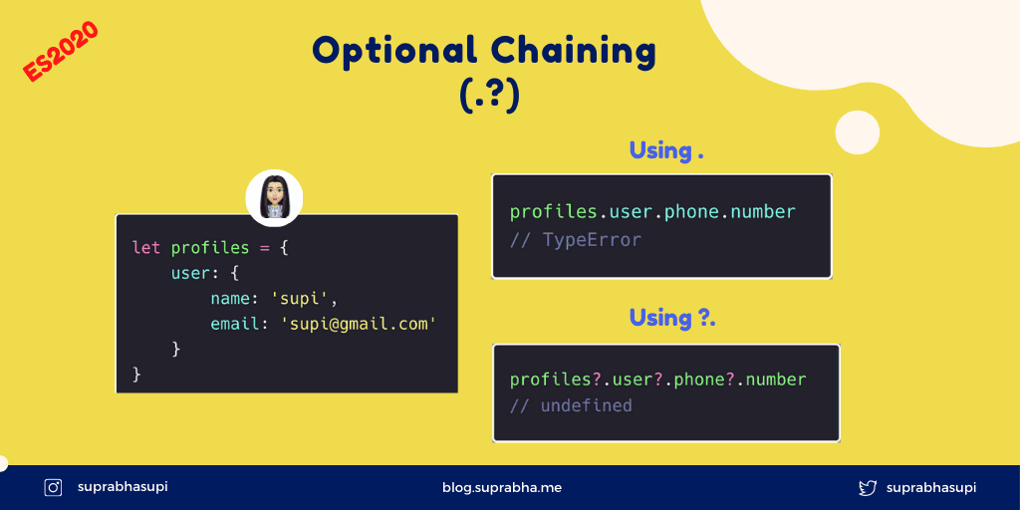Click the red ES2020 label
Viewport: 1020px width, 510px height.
coord(60,52)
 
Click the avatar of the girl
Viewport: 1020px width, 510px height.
coord(274,198)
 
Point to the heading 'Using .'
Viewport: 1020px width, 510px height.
coord(666,151)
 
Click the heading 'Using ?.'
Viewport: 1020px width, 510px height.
coord(672,319)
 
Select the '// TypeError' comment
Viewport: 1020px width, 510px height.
coord(576,240)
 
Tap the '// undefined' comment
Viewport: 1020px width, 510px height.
coord(571,406)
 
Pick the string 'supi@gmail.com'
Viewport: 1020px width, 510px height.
coord(358,324)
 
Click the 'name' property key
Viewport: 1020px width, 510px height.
coord(230,299)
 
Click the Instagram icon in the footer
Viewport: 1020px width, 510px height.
coord(53,487)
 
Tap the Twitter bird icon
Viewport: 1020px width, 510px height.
coord(868,488)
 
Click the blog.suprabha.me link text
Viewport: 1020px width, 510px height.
coord(502,487)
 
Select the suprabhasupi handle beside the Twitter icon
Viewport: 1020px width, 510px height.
coord(931,488)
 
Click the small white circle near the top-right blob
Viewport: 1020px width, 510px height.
coord(858,132)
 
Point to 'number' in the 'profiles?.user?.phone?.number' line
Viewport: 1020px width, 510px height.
coord(776,380)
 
